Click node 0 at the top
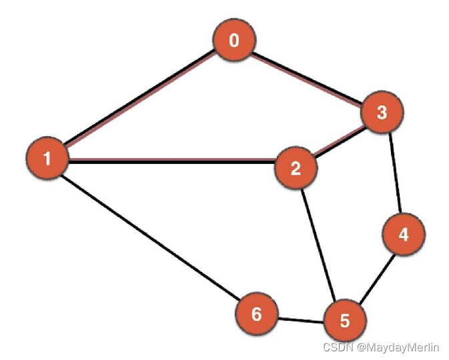click(234, 41)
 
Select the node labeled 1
click(47, 159)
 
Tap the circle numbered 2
click(296, 168)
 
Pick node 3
click(382, 113)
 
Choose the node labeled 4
click(403, 235)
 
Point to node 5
click(344, 321)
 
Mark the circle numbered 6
click(257, 314)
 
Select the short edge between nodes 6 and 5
click(300, 319)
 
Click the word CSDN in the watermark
click(337, 347)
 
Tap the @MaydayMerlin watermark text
click(398, 347)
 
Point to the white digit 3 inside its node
click(382, 113)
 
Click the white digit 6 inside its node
click(257, 314)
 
